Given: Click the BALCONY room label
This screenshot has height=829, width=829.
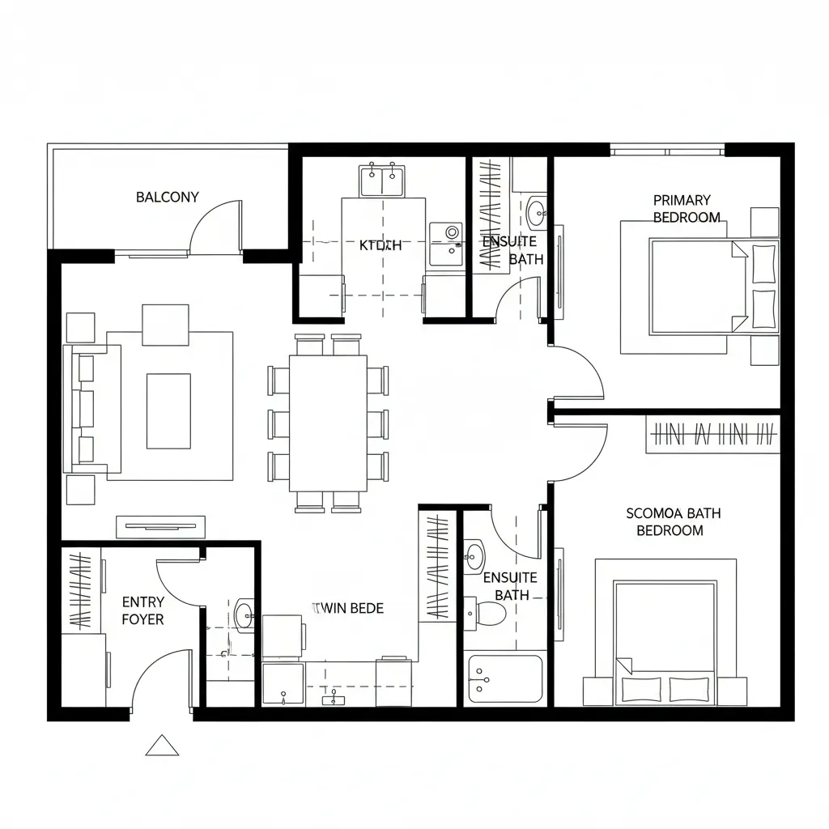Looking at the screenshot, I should pyautogui.click(x=167, y=197).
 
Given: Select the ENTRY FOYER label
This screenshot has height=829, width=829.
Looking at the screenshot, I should pyautogui.click(x=143, y=610).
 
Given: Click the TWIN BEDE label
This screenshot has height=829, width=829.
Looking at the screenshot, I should pyautogui.click(x=348, y=608).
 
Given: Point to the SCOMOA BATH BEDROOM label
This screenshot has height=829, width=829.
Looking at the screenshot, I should pyautogui.click(x=673, y=522).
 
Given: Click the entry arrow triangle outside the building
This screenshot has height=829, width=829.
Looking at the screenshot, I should pyautogui.click(x=162, y=746).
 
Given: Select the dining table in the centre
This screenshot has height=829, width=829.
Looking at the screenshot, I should pyautogui.click(x=328, y=423).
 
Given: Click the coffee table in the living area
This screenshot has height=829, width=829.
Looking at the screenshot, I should pyautogui.click(x=168, y=411).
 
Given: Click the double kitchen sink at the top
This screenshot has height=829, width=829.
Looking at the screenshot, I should pyautogui.click(x=382, y=179).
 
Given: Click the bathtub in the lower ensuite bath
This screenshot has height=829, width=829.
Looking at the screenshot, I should pyautogui.click(x=505, y=678).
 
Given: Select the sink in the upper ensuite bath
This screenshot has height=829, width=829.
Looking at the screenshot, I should pyautogui.click(x=537, y=214).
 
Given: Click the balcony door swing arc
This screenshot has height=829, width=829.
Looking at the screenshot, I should pyautogui.click(x=215, y=224).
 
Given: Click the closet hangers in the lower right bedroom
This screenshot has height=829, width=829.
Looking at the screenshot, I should pyautogui.click(x=712, y=436).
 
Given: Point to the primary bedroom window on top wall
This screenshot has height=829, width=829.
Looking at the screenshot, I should pyautogui.click(x=667, y=150).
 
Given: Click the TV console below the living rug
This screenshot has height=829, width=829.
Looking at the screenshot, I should pyautogui.click(x=160, y=527).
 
